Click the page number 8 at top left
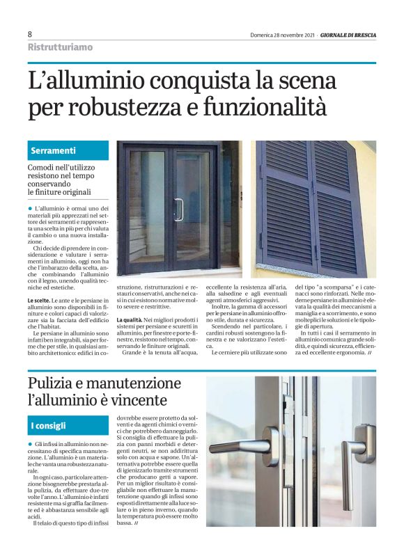coord(30,34)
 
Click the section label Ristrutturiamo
coord(60,47)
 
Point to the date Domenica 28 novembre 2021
coord(283,35)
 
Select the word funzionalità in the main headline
coord(276,108)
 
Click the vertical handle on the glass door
coord(179,209)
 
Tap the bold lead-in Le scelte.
coord(38,301)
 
